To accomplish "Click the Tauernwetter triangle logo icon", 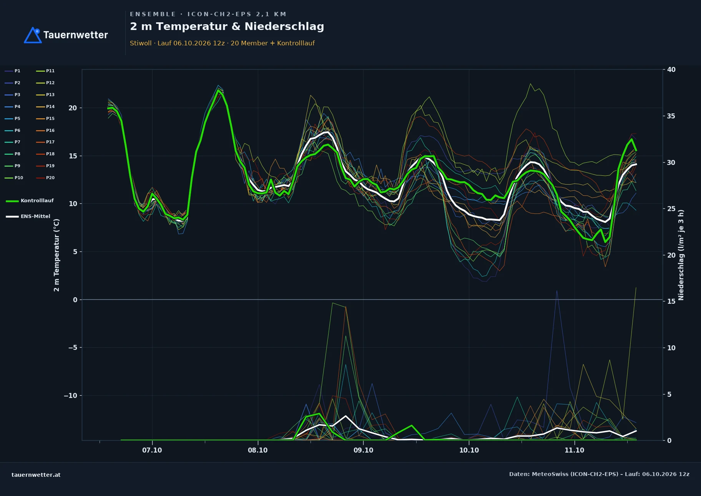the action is tap(33, 35).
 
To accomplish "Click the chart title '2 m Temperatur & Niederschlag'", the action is tap(227, 27).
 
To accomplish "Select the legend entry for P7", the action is tap(12, 142).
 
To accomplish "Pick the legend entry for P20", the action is tap(45, 178).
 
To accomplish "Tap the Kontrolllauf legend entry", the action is tap(30, 201).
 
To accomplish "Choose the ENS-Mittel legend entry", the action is tap(28, 216).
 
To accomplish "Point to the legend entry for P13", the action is tap(45, 95).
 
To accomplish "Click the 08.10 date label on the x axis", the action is tap(257, 450).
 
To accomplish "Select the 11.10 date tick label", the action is tap(574, 450).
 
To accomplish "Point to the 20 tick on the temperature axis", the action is tap(73, 108).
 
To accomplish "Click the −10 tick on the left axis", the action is tap(70, 396).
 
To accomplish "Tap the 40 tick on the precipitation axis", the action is tap(671, 70).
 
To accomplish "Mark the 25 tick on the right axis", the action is tap(671, 209).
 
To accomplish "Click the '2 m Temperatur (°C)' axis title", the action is tap(56, 255).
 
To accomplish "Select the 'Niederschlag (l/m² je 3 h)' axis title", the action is tap(681, 255).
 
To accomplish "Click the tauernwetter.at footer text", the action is tap(36, 475).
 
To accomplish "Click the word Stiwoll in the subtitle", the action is tap(141, 43).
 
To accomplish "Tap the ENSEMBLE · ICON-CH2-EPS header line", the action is tap(208, 14).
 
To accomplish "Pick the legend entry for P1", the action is tap(12, 71).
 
